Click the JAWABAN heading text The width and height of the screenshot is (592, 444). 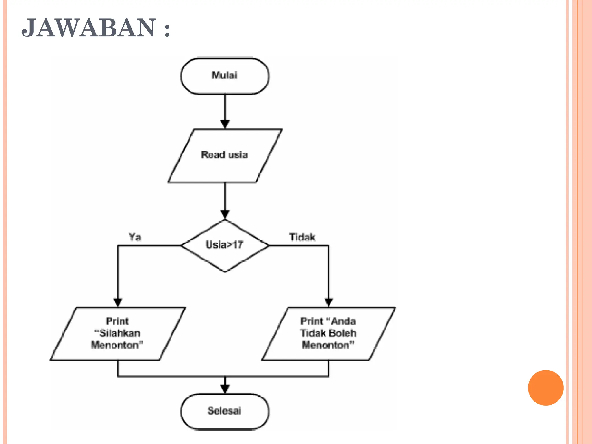(x=95, y=28)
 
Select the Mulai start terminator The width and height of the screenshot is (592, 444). (x=225, y=76)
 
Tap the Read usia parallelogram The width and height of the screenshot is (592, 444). (x=225, y=155)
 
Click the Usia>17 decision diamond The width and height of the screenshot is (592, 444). (x=225, y=245)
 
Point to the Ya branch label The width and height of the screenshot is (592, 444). (x=135, y=237)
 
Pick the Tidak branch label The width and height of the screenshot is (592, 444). (x=302, y=237)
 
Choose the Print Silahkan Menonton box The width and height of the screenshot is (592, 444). (x=118, y=334)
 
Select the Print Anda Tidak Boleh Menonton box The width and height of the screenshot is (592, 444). (x=328, y=334)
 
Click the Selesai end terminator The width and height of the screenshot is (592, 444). (x=225, y=411)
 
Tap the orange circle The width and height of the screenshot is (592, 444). (x=545, y=388)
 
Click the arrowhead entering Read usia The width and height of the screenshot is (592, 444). (x=225, y=124)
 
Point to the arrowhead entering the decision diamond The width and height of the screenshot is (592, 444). (x=225, y=214)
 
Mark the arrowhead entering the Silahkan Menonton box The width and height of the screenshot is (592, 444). (x=118, y=302)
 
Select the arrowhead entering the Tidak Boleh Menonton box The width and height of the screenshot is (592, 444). (x=328, y=302)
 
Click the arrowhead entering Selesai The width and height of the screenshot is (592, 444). (x=225, y=389)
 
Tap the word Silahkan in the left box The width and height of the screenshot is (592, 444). (x=119, y=333)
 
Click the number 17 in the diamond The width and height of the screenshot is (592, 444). (x=238, y=245)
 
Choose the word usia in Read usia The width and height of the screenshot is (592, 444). (x=237, y=155)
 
